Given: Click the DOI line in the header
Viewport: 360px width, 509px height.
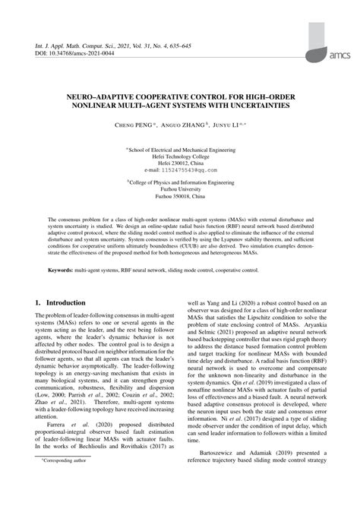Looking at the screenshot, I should [72, 52].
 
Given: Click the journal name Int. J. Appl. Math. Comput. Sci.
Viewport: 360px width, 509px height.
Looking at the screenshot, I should [83, 45].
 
